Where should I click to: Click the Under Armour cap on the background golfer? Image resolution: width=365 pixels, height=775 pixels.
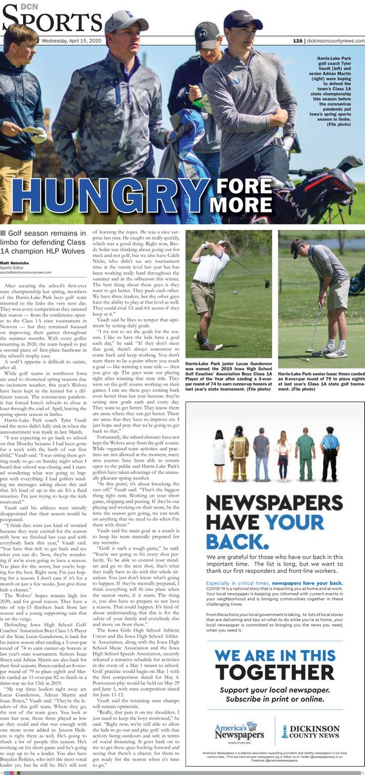pyautogui.click(x=207, y=34)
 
